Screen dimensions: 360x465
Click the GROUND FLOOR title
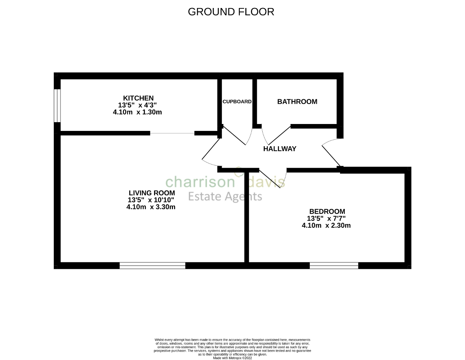[x=231, y=12]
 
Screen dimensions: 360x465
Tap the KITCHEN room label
[x=138, y=98]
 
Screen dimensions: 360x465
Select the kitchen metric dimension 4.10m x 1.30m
[x=137, y=112]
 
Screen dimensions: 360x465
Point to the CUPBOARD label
[x=237, y=102]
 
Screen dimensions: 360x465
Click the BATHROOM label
[x=297, y=102]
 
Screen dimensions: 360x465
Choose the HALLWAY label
[x=279, y=149]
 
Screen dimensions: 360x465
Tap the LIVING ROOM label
[x=151, y=193]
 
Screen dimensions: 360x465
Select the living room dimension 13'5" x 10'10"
[x=151, y=200]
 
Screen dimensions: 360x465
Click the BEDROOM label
[x=327, y=211]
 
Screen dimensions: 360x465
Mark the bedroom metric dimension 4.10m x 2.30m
[x=326, y=225]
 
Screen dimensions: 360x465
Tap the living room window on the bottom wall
[x=152, y=266]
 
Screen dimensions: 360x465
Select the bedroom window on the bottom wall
[x=334, y=266]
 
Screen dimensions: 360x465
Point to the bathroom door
[x=276, y=136]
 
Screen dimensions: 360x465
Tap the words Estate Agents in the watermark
[x=225, y=197]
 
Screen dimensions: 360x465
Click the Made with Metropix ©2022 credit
[x=232, y=358]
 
